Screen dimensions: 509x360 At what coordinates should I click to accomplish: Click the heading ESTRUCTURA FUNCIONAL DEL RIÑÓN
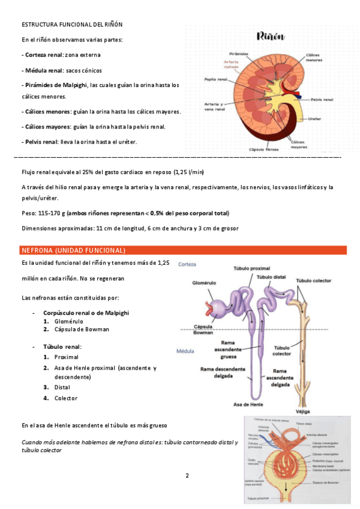[x=72, y=24]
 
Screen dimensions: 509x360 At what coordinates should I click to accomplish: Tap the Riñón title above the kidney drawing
[x=271, y=37]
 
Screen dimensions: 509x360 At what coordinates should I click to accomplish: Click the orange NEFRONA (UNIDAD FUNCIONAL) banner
[x=73, y=250]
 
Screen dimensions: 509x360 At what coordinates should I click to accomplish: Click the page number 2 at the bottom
[x=187, y=476]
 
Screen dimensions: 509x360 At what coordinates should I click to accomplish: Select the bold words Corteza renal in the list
[x=43, y=55]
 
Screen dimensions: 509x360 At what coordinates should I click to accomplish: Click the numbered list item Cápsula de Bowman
[x=82, y=329]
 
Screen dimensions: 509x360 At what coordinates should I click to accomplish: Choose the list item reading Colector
[x=66, y=398]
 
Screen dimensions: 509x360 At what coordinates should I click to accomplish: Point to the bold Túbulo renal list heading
[x=62, y=346]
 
